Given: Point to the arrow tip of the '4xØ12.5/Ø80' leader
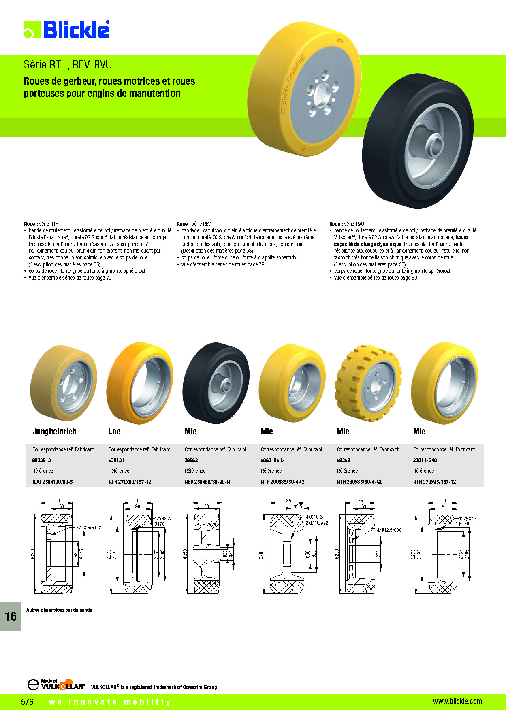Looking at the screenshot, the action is [353, 538].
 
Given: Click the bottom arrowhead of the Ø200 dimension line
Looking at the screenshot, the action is [264, 592].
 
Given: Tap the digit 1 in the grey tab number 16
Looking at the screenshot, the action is [8, 616].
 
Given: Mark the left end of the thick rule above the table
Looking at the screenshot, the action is [26, 444].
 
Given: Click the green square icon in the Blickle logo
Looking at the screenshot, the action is [32, 30].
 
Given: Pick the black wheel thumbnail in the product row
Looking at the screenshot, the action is [216, 383].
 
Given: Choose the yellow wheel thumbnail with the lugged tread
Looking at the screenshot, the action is [368, 383].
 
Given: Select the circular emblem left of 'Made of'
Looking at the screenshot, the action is [33, 684].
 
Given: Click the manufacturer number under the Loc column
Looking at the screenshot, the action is [116, 460].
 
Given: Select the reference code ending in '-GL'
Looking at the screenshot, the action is [359, 482].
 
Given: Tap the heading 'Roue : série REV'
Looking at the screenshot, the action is [194, 224].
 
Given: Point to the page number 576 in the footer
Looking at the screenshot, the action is [27, 701].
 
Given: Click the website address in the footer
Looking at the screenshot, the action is [457, 701].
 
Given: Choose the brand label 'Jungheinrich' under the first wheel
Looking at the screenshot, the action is [54, 432].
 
